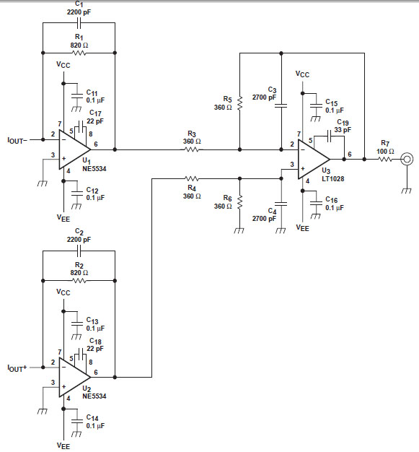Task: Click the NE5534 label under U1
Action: tap(94, 168)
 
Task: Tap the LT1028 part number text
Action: tap(333, 179)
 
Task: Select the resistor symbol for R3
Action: tap(192, 149)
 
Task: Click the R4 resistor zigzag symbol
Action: tap(192, 179)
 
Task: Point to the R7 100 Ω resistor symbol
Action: tap(385, 159)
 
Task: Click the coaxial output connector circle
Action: tap(407, 159)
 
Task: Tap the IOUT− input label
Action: tap(17, 140)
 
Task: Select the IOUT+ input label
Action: tap(17, 368)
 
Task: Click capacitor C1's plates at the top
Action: tap(79, 23)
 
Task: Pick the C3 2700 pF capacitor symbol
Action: tap(281, 106)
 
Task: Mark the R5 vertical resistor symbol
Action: tap(240, 103)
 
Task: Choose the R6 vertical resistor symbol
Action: tap(240, 202)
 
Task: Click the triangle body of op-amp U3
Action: tap(312, 159)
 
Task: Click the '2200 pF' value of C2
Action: tap(79, 240)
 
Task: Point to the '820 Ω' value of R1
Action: tap(79, 45)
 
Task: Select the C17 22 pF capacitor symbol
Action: tap(80, 127)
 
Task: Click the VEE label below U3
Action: tap(303, 227)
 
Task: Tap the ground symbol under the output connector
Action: tap(407, 191)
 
